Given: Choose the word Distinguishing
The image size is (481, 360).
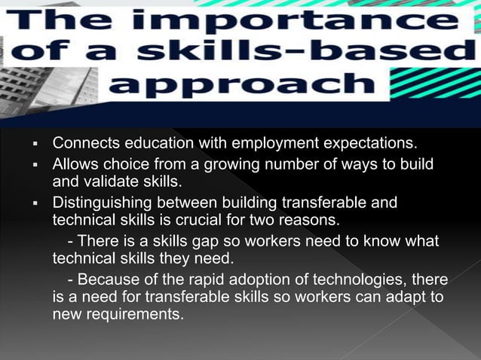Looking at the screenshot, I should point(103,203).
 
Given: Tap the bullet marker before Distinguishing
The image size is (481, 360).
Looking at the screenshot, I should point(35,204).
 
